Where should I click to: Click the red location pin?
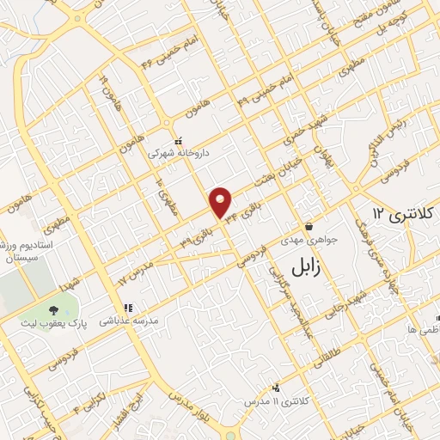(x=222, y=202)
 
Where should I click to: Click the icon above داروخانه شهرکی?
(x=178, y=141)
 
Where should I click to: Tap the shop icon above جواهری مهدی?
(x=308, y=228)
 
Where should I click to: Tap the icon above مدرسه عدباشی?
(x=127, y=307)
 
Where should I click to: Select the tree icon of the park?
(x=54, y=309)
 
